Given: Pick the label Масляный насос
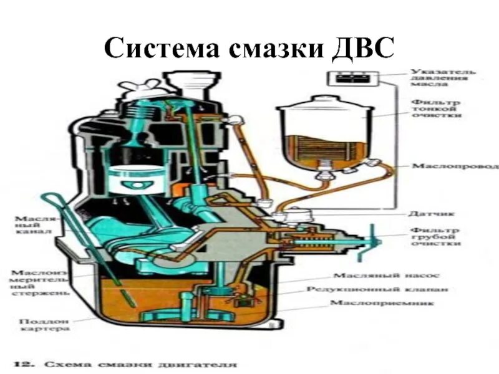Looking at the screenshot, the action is click(x=387, y=276).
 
